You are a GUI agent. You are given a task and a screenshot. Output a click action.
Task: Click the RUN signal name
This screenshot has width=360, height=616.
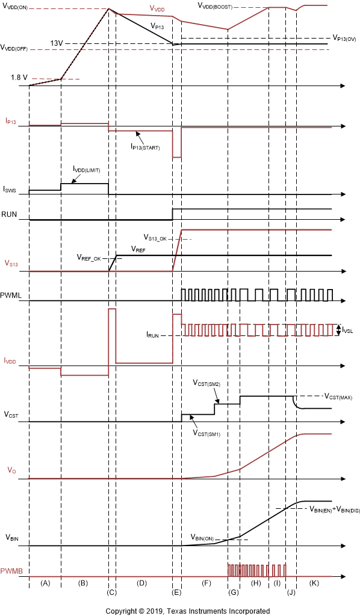(x=9, y=214)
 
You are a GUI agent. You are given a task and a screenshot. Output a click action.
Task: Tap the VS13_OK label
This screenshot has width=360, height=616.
(x=157, y=237)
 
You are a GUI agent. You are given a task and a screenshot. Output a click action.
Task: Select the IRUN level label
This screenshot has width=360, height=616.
(x=156, y=334)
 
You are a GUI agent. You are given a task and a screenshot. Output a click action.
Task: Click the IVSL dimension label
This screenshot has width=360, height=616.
(x=349, y=329)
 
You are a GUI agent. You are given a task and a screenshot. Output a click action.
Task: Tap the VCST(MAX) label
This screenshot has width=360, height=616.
(x=340, y=397)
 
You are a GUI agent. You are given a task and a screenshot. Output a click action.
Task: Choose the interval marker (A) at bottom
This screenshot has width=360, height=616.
(x=45, y=583)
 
